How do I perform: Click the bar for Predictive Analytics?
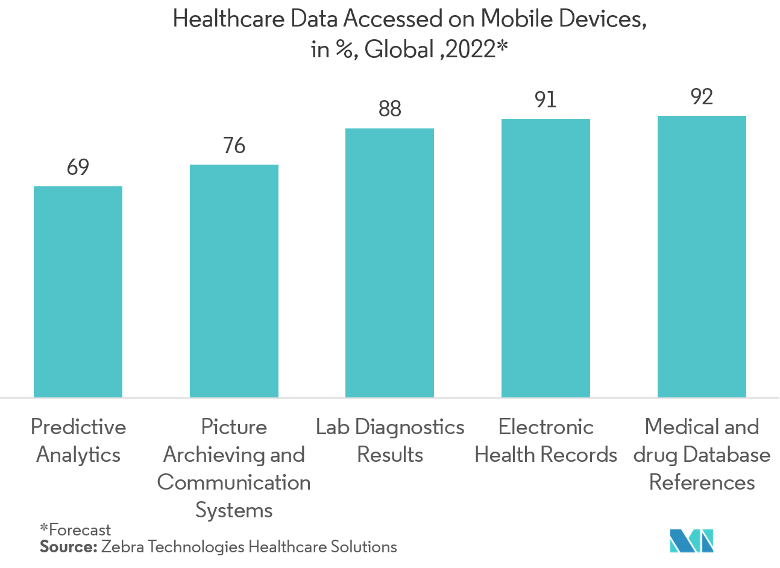78,292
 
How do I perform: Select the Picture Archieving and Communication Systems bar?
234,281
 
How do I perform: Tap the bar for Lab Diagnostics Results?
389,263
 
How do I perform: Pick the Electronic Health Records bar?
546,258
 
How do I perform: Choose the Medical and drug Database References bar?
702,256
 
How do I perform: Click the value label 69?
78,167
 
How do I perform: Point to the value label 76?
234,145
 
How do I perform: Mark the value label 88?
389,109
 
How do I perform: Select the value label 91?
546,99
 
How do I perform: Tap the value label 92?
702,96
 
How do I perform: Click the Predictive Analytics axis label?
78,441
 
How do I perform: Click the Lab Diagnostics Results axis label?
390,441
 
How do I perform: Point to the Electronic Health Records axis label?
546,441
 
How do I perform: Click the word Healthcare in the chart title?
228,19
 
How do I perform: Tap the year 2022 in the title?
471,49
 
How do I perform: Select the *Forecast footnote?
75,529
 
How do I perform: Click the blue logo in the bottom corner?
692,540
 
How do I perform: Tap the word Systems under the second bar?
234,510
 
